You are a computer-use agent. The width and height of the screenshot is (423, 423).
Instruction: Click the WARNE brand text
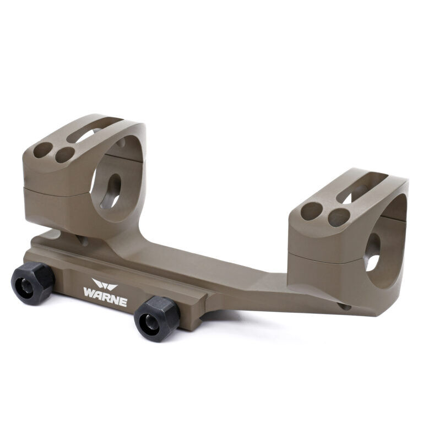[x=105, y=296]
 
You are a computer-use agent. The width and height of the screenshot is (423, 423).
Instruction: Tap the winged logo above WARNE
[x=105, y=284]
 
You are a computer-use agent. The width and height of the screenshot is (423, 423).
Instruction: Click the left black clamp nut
[x=33, y=283]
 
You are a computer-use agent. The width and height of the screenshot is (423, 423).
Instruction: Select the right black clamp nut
[x=157, y=319]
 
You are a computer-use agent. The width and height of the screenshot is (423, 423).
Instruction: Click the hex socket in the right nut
[x=150, y=322]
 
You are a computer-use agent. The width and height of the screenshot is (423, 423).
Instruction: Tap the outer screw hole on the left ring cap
[x=43, y=150]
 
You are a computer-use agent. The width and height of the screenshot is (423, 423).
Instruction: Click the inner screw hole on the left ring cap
[x=65, y=155]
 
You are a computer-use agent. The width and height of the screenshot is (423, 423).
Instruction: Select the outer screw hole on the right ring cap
[x=312, y=211]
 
